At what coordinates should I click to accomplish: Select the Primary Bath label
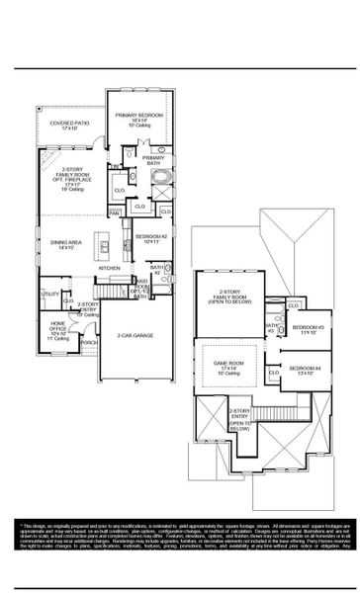click(x=153, y=161)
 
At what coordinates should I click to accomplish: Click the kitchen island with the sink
click(x=104, y=244)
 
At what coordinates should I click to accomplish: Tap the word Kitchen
click(x=109, y=268)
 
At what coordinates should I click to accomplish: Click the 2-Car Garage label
click(x=135, y=335)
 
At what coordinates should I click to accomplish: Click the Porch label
click(x=88, y=343)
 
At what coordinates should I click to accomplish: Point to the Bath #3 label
click(x=270, y=328)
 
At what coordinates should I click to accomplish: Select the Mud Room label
click(x=141, y=287)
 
